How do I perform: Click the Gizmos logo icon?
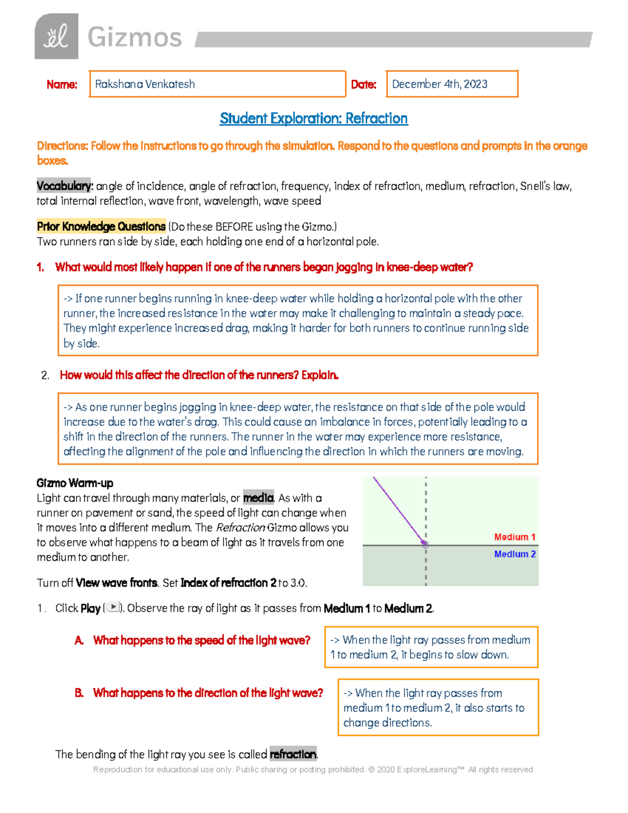tap(57, 37)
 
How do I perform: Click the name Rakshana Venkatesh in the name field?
tap(145, 84)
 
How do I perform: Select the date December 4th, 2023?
tap(440, 84)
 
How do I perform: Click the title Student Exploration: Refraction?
tap(313, 119)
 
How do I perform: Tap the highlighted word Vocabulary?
tap(64, 186)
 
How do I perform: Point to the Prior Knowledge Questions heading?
tap(101, 227)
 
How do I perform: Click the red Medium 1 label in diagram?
tap(514, 537)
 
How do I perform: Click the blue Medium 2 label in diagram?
tap(514, 554)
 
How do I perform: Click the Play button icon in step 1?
tap(113, 607)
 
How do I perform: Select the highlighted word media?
tap(259, 498)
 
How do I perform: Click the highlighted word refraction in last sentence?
tap(293, 754)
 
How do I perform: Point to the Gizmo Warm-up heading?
tap(75, 483)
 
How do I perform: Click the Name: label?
tap(62, 85)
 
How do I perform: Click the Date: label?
tap(363, 85)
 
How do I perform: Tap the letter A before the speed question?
tap(79, 641)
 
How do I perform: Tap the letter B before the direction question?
tap(79, 693)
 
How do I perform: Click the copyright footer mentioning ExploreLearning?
tap(313, 770)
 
